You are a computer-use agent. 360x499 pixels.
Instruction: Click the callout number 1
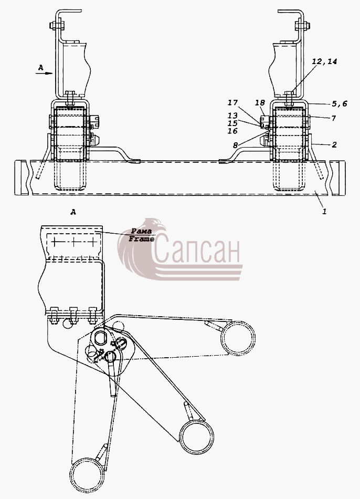(x=324, y=211)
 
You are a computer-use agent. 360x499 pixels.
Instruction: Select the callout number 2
(x=334, y=145)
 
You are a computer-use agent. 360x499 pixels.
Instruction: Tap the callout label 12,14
(x=324, y=61)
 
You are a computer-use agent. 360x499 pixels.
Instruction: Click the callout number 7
(x=334, y=118)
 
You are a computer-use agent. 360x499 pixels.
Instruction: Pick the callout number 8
(x=235, y=145)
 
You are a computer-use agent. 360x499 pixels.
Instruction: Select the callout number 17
(x=232, y=102)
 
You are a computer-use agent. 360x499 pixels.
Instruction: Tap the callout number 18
(x=260, y=102)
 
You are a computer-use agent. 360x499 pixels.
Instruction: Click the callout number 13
(x=232, y=116)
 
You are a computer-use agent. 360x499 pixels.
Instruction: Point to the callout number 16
(x=232, y=131)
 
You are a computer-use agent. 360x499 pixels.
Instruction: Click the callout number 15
(x=232, y=123)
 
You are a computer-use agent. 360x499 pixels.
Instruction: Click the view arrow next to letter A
(x=44, y=74)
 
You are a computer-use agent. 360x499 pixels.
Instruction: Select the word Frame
(x=142, y=239)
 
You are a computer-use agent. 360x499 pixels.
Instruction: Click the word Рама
(x=142, y=231)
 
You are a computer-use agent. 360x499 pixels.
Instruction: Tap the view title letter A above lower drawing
(x=73, y=212)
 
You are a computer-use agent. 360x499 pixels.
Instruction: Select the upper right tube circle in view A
(x=238, y=338)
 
